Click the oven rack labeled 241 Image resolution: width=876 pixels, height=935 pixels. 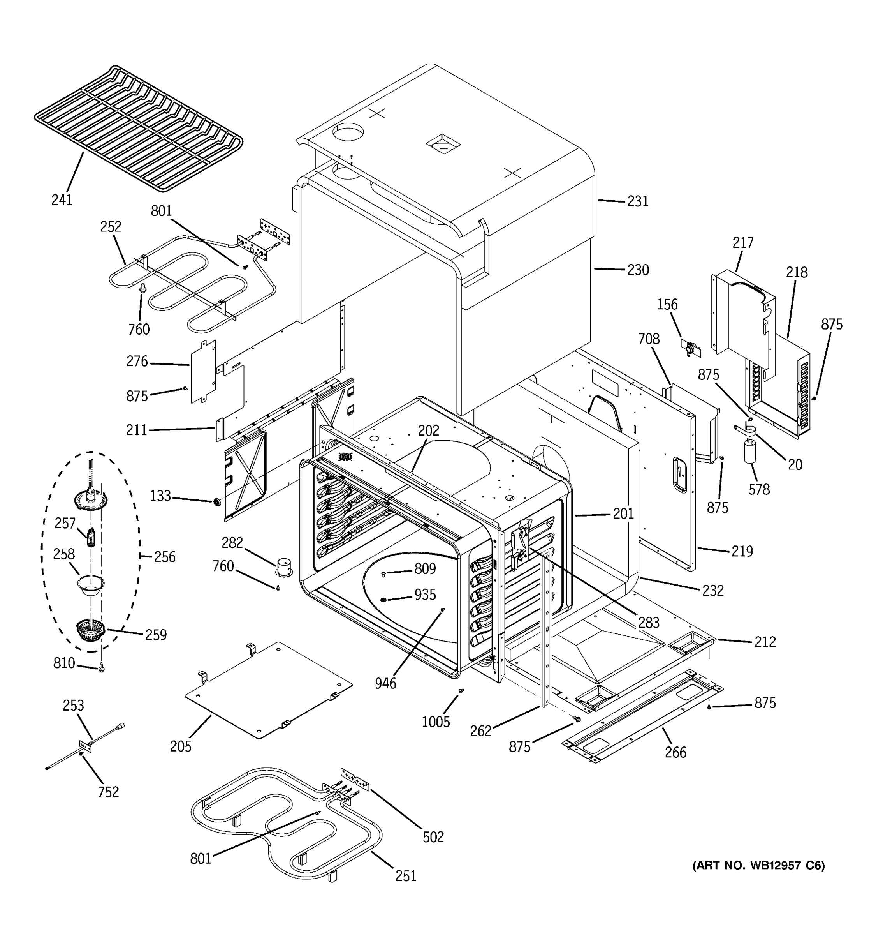(139, 129)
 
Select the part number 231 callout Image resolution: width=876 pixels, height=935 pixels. (637, 201)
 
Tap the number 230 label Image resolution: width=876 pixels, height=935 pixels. (637, 270)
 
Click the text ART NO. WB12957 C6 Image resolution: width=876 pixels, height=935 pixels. (758, 865)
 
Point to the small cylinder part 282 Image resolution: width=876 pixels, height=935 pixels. (283, 566)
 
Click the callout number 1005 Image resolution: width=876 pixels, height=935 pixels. (436, 722)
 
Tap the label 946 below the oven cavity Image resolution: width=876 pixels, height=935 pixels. (385, 683)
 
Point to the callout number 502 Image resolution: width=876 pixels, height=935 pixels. (433, 837)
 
